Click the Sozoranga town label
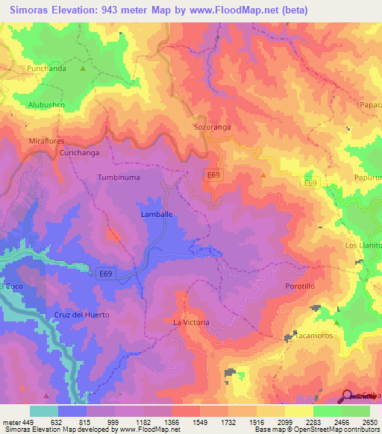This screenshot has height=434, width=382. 213,127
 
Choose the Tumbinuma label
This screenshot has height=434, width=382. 119,177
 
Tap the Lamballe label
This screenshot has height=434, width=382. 157,214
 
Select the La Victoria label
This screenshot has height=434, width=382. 191,322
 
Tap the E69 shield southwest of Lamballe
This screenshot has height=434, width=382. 106,274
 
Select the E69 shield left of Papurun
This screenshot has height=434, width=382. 311,182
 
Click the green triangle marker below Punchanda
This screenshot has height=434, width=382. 83,70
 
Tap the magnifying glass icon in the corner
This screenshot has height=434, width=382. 347,396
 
